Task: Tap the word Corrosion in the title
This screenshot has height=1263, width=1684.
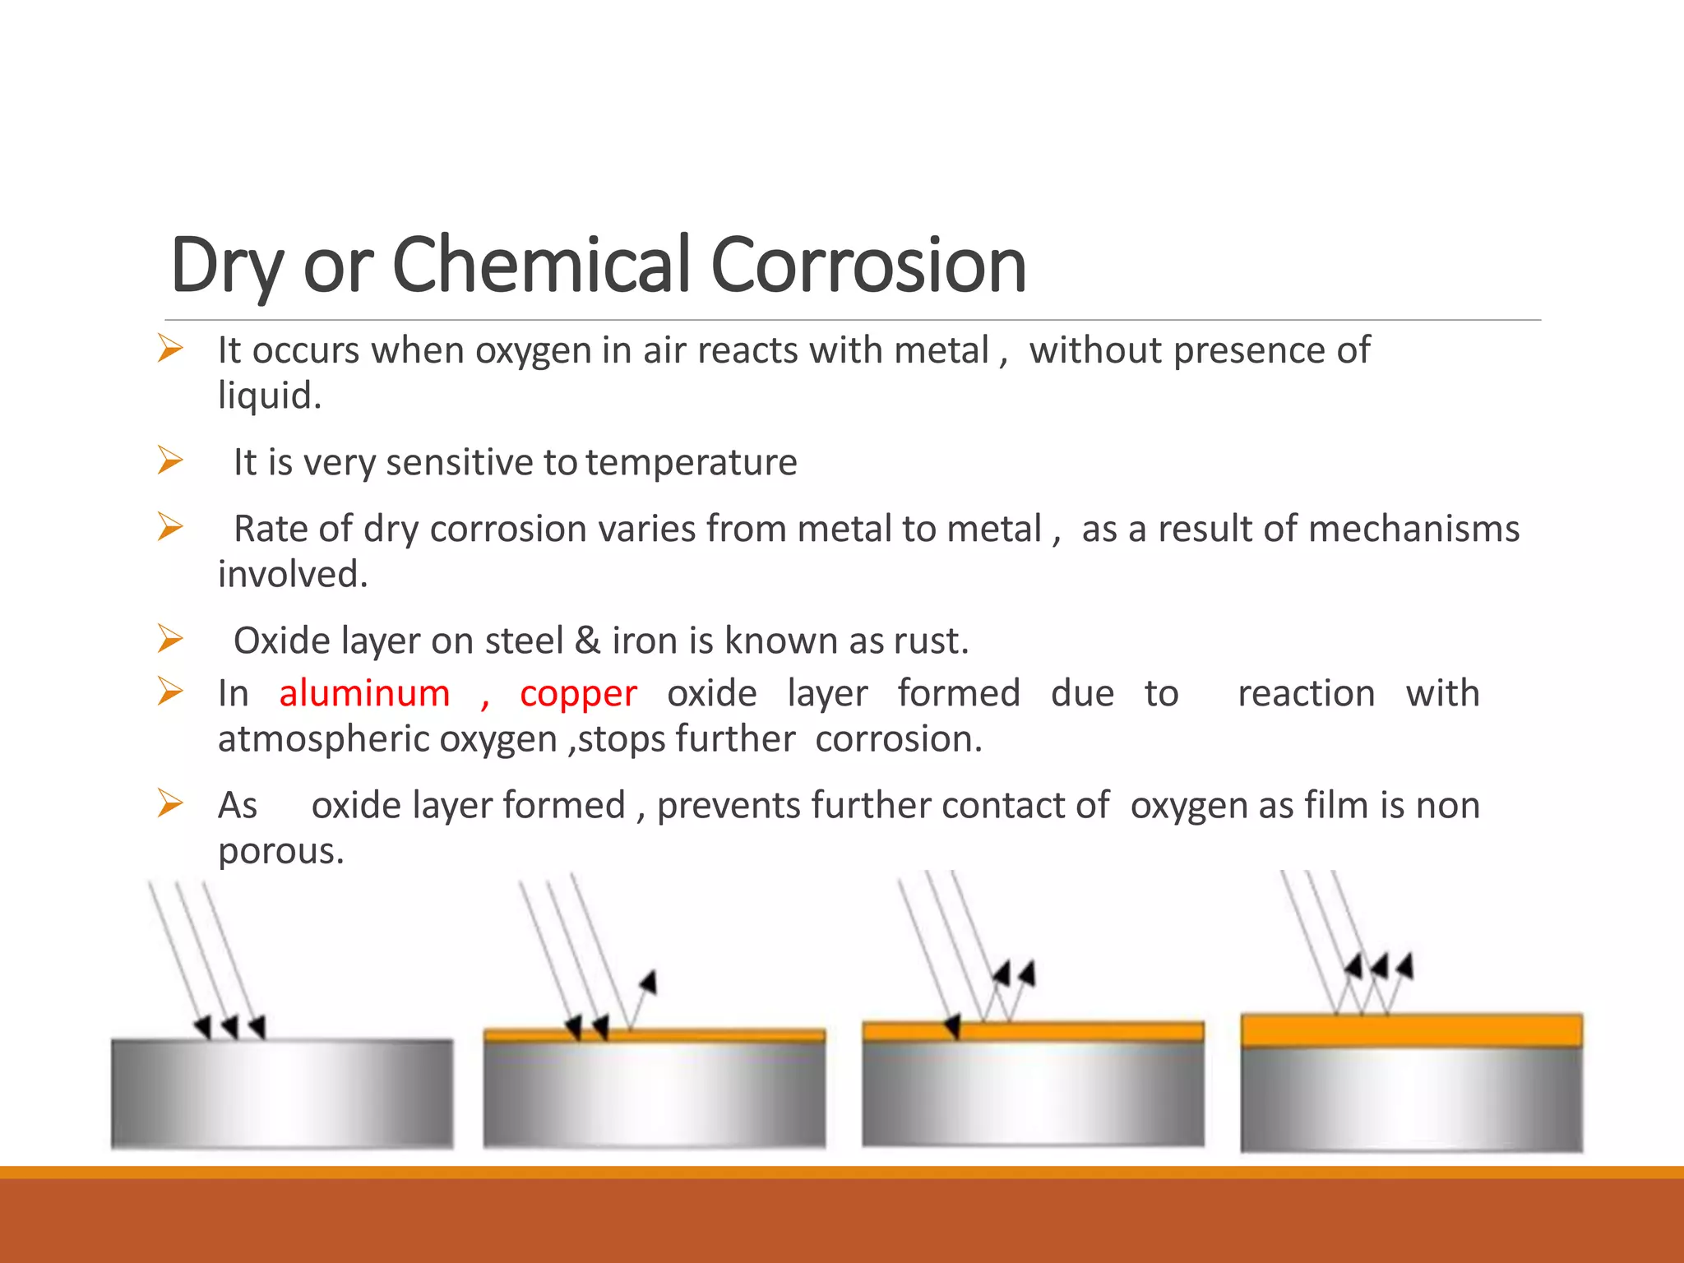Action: click(867, 265)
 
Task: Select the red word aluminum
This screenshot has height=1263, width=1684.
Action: click(364, 693)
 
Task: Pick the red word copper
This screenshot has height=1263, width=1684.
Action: click(578, 693)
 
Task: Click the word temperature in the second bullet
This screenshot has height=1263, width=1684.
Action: click(692, 462)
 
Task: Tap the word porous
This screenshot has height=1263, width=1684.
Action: click(280, 851)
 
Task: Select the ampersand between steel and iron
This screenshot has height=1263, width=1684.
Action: click(587, 641)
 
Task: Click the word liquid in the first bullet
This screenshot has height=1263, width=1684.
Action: click(268, 396)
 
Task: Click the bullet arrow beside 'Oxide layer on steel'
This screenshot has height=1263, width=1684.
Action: click(170, 639)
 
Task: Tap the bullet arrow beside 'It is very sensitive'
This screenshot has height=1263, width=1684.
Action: click(170, 460)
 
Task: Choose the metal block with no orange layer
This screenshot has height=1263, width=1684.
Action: click(282, 1094)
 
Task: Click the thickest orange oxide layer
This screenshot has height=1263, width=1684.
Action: click(1411, 1030)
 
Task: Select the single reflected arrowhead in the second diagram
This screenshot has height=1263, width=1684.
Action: click(649, 982)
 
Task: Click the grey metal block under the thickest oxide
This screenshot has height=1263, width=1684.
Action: click(1411, 1099)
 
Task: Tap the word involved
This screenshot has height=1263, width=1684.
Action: click(292, 574)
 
